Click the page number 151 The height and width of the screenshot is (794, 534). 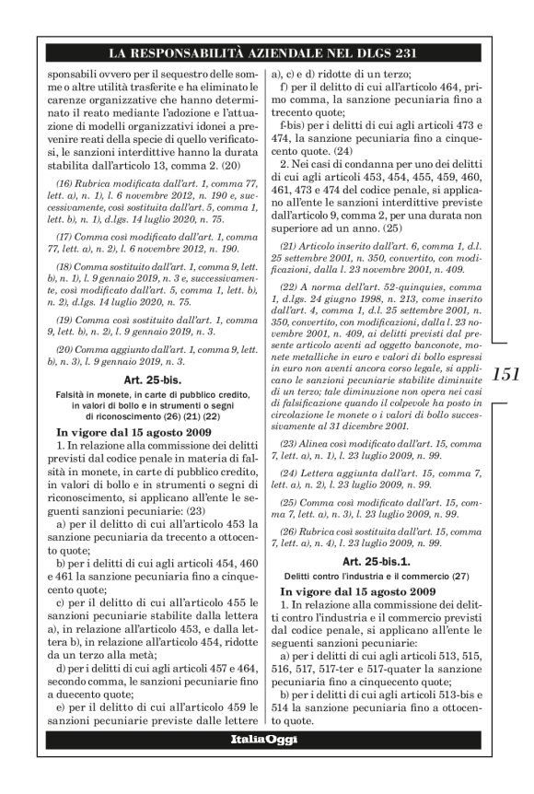point(506,375)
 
